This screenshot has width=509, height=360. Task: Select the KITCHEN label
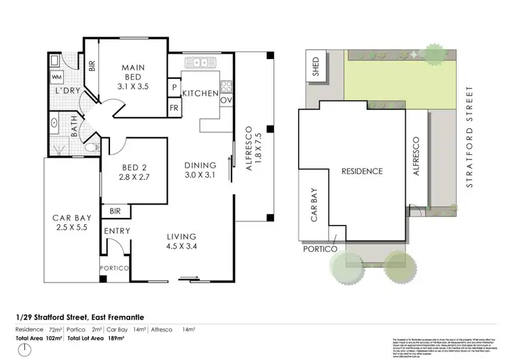coord(200,94)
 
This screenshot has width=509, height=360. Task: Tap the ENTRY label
coord(117,231)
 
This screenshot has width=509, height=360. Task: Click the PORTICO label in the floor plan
coord(114,268)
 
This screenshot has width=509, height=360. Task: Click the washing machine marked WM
coord(57,77)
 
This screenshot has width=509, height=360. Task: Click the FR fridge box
coord(174,108)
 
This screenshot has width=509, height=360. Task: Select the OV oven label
coord(226,100)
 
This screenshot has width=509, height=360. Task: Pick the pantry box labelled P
coord(174,88)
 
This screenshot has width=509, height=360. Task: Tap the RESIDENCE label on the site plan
coord(362,172)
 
